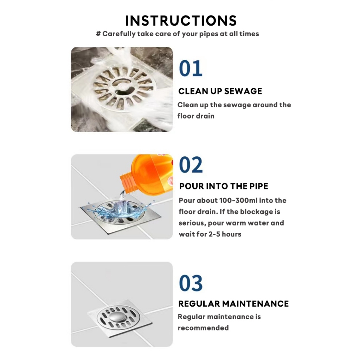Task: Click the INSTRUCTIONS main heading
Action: (181, 21)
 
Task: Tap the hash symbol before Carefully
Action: (98, 34)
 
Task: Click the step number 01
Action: (191, 68)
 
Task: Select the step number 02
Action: (191, 165)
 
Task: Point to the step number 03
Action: (191, 283)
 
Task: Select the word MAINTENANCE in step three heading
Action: (255, 304)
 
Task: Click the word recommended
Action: (203, 328)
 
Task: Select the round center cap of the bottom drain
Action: (117, 317)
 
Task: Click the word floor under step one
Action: (184, 116)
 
